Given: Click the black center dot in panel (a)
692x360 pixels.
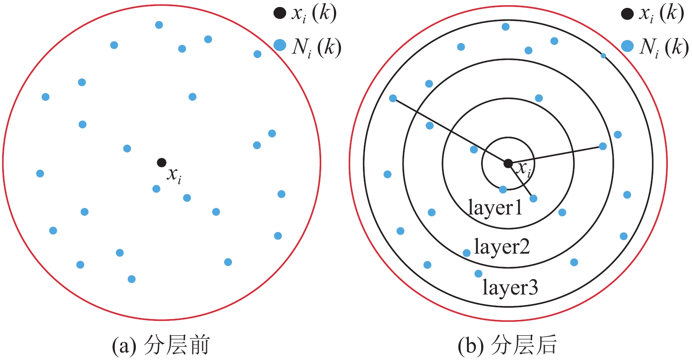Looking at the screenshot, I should [162, 162].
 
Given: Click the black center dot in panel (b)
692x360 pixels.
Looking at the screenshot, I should [508, 164].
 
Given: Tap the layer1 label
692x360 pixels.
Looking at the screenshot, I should [495, 207].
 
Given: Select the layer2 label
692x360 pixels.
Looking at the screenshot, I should [502, 247].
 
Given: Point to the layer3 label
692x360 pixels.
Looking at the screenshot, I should [510, 287].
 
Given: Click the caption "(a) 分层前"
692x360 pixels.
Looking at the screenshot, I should [161, 345].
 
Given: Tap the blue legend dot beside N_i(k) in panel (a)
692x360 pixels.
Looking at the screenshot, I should [280, 45].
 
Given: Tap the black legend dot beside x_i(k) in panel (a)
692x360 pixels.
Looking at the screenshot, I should [280, 13].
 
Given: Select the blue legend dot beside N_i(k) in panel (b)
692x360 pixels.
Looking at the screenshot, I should [627, 46].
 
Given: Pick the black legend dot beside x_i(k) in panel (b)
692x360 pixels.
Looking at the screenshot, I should [627, 14].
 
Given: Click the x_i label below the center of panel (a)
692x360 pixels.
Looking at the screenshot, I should [174, 175].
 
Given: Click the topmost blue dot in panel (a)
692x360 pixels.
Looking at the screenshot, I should [159, 25].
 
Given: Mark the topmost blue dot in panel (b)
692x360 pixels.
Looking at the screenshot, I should [506, 27].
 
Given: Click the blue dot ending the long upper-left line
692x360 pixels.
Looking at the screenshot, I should [393, 98].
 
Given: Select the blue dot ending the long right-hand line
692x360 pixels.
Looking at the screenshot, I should [603, 146].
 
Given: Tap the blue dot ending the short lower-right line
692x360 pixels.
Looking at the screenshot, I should [533, 199].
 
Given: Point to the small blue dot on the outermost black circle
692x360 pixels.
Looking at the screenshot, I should [603, 56].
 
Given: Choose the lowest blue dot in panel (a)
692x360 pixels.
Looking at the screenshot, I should [131, 279].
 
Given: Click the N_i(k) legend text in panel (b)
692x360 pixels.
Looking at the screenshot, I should [663, 47].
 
